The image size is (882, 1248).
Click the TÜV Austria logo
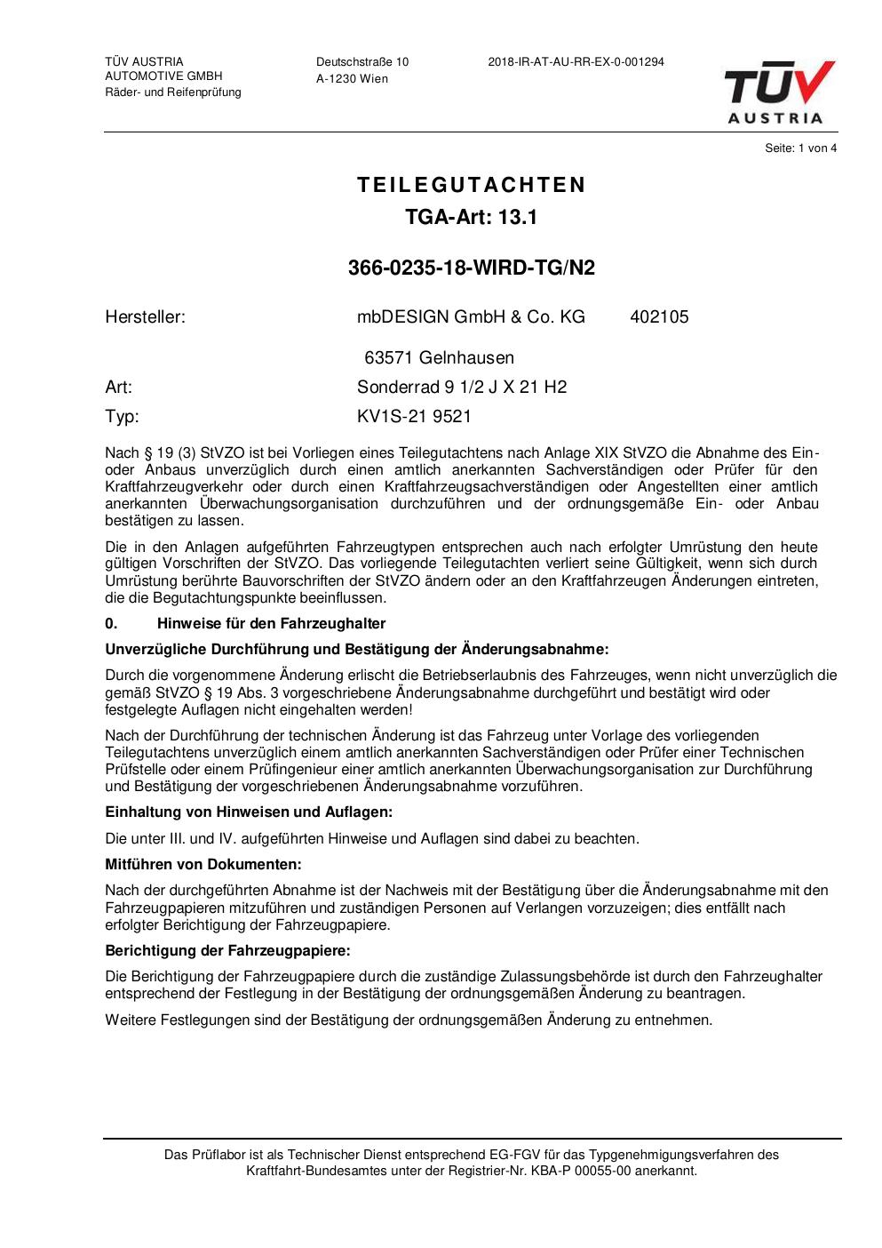click(779, 92)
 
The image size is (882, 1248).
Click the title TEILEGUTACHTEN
click(472, 185)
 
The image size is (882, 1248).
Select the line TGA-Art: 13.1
click(472, 217)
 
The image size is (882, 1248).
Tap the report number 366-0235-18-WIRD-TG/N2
click(472, 268)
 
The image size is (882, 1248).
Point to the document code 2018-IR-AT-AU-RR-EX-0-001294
click(576, 62)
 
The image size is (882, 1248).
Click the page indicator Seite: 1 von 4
click(800, 148)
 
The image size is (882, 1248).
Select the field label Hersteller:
click(145, 316)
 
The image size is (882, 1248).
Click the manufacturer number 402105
click(659, 316)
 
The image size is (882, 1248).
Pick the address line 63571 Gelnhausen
click(439, 358)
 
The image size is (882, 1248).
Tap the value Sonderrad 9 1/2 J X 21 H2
click(461, 387)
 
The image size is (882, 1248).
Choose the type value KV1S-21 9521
click(414, 416)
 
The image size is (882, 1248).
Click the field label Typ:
click(122, 416)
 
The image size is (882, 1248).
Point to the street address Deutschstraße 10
click(362, 62)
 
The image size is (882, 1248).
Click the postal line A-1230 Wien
click(352, 78)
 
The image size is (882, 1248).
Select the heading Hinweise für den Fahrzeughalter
click(271, 623)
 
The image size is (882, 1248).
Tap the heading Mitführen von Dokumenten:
click(203, 864)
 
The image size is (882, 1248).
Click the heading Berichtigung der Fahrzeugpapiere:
click(227, 950)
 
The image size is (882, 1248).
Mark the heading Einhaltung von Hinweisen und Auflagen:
click(249, 812)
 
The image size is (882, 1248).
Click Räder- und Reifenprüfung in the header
click(172, 92)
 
